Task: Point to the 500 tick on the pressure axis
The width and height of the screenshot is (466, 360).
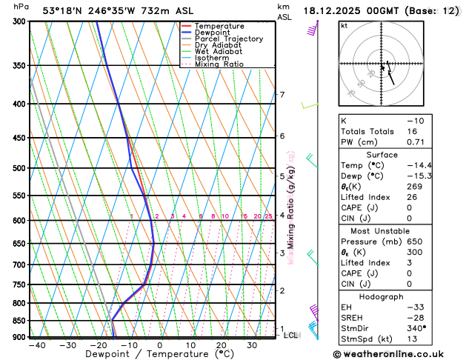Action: tap(19, 168)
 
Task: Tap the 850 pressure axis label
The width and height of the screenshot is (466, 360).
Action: tap(19, 321)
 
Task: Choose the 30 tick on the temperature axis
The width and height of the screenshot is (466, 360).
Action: tap(252, 345)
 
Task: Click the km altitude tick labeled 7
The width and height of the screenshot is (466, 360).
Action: tap(282, 95)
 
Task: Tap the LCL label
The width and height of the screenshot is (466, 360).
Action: tap(291, 336)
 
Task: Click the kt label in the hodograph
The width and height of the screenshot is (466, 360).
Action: tap(344, 25)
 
